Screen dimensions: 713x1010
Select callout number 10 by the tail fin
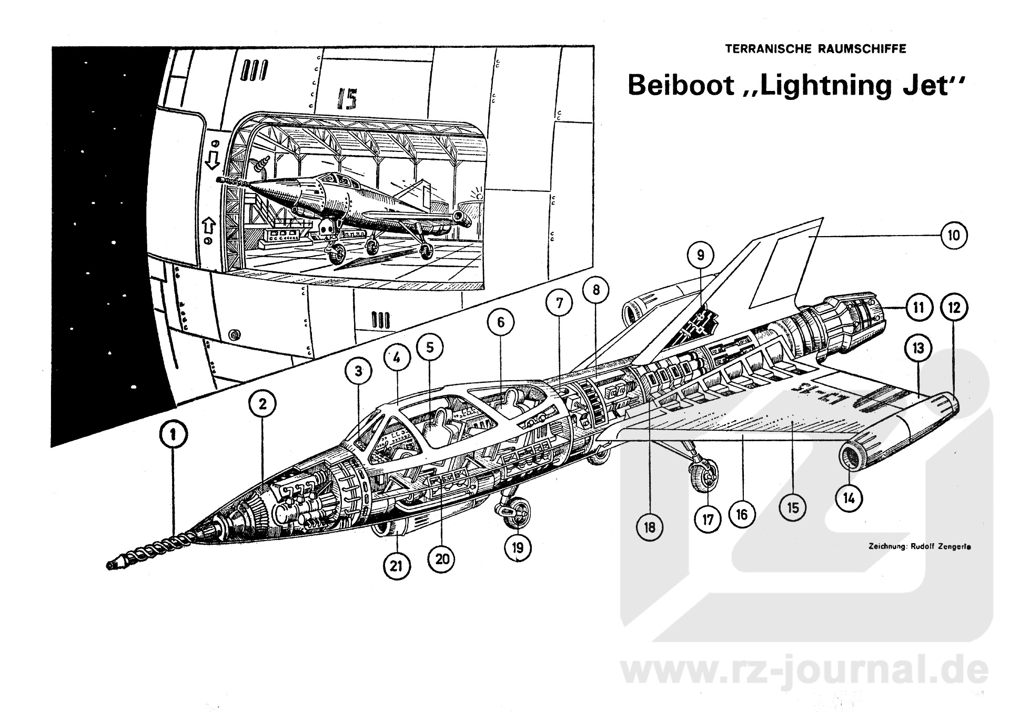954,236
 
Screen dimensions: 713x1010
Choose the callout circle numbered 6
500,322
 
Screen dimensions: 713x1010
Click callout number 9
700,256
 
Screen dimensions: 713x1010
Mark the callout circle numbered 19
518,548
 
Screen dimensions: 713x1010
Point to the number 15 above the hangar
345,98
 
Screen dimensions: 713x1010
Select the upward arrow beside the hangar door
209,225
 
